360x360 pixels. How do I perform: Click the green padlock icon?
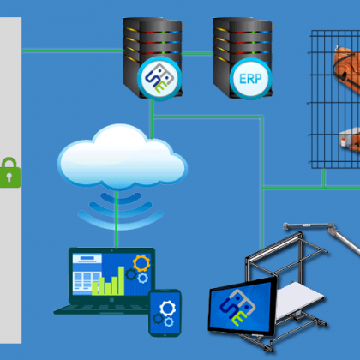10,172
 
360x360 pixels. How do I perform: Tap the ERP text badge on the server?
250,79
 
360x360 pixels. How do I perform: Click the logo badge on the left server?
159,78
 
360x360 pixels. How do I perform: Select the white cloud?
123,157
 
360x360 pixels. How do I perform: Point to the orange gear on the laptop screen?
141,263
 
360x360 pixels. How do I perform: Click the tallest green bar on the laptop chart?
121,280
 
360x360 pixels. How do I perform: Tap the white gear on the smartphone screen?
167,309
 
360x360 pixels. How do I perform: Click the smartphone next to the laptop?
165,313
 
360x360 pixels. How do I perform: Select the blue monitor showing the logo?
243,306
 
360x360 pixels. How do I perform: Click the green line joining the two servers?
197,53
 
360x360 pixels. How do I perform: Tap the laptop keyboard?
103,309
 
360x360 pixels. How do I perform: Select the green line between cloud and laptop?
117,219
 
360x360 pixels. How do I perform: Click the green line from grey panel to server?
73,51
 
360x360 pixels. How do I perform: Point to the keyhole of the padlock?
9,177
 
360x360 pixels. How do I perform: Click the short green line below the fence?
323,177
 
